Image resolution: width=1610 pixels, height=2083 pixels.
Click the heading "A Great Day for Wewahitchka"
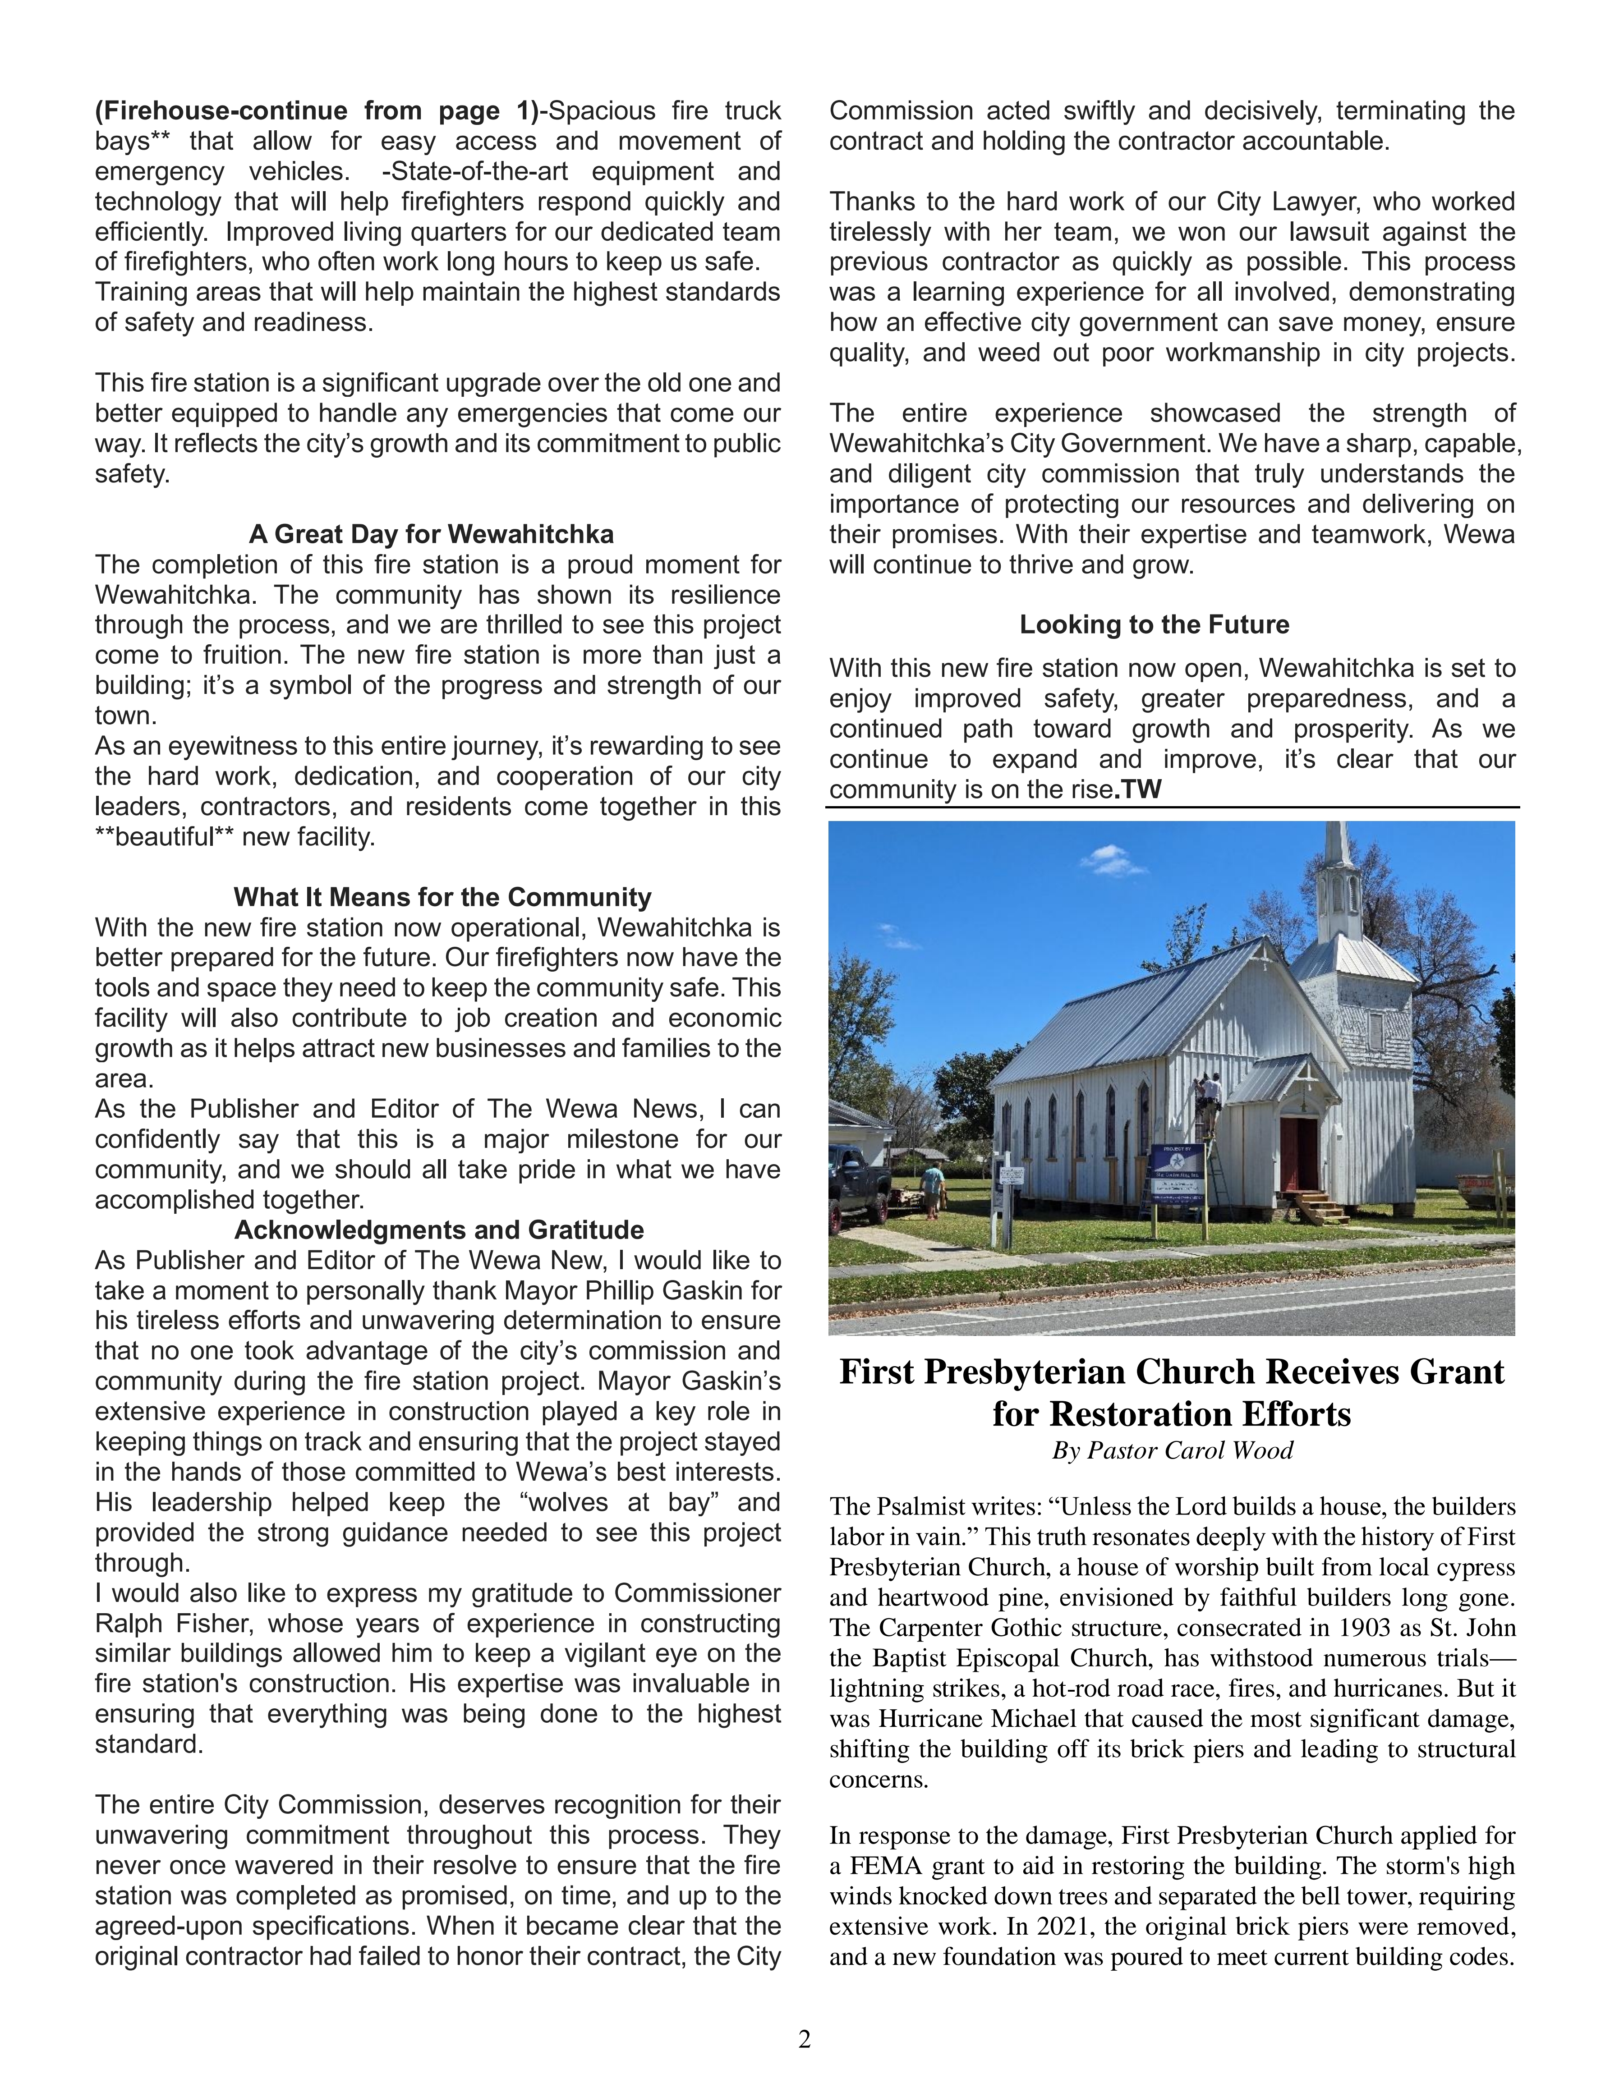click(x=431, y=534)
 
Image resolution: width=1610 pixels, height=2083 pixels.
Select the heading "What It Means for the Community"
click(x=442, y=898)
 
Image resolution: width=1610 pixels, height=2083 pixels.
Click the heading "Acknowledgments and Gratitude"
click(x=439, y=1230)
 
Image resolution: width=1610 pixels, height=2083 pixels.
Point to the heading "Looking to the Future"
click(x=1154, y=625)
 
